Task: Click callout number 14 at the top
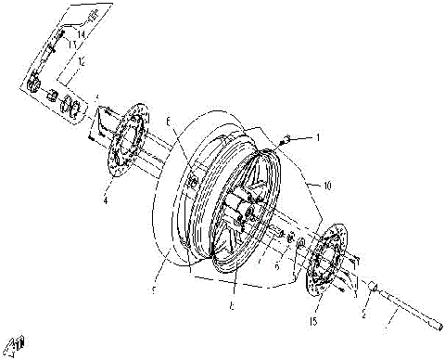[82, 34]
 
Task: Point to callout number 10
[324, 186]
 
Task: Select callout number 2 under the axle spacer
[363, 315]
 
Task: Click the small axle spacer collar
[373, 289]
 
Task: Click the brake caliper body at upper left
[35, 83]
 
